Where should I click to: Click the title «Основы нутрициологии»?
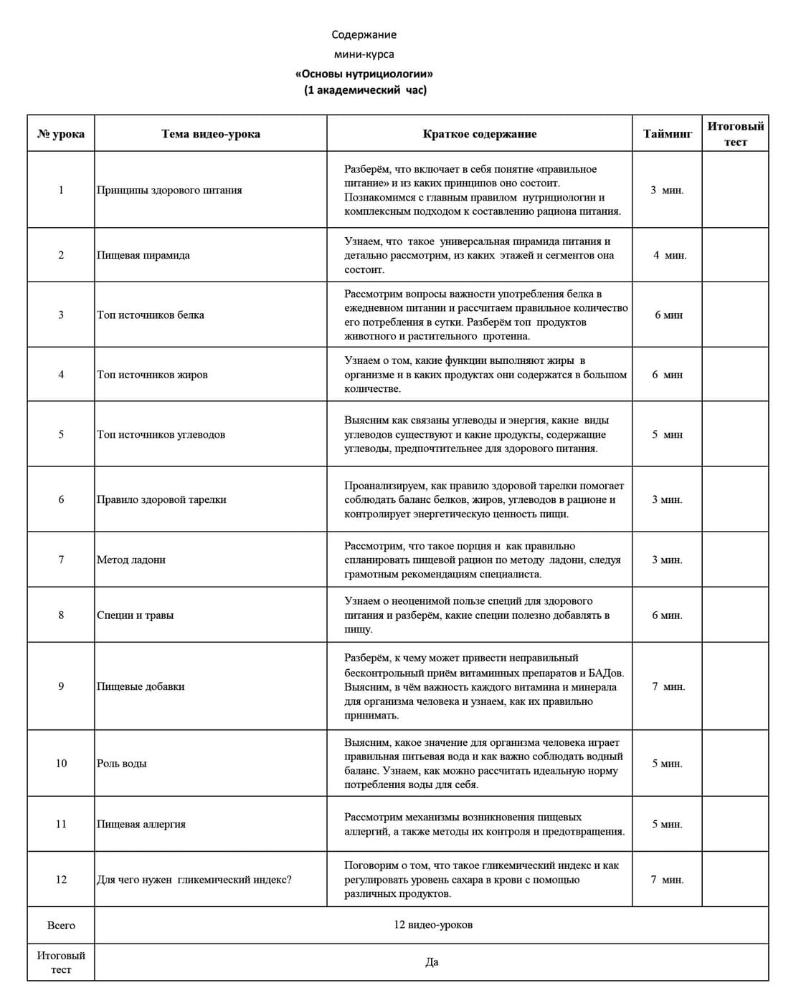[x=364, y=74]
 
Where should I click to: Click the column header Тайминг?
[x=667, y=134]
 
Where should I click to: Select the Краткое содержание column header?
[x=479, y=134]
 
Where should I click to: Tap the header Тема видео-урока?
[x=211, y=134]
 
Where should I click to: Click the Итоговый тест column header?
[x=735, y=134]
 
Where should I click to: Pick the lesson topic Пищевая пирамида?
[x=143, y=255]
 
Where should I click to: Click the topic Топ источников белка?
[x=151, y=315]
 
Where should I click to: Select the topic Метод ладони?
[x=131, y=560]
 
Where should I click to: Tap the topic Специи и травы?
[x=136, y=615]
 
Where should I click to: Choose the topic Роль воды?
[x=122, y=763]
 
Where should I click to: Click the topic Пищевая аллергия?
[x=141, y=824]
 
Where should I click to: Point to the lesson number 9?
[x=61, y=686]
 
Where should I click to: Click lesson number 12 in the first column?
[x=61, y=880]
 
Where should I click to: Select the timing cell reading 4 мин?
[x=669, y=255]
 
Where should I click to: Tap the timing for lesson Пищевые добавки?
[x=668, y=686]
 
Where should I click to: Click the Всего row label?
[x=61, y=925]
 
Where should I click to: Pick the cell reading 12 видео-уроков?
[x=433, y=924]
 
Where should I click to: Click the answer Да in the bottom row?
[x=432, y=962]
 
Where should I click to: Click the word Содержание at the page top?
[x=364, y=34]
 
